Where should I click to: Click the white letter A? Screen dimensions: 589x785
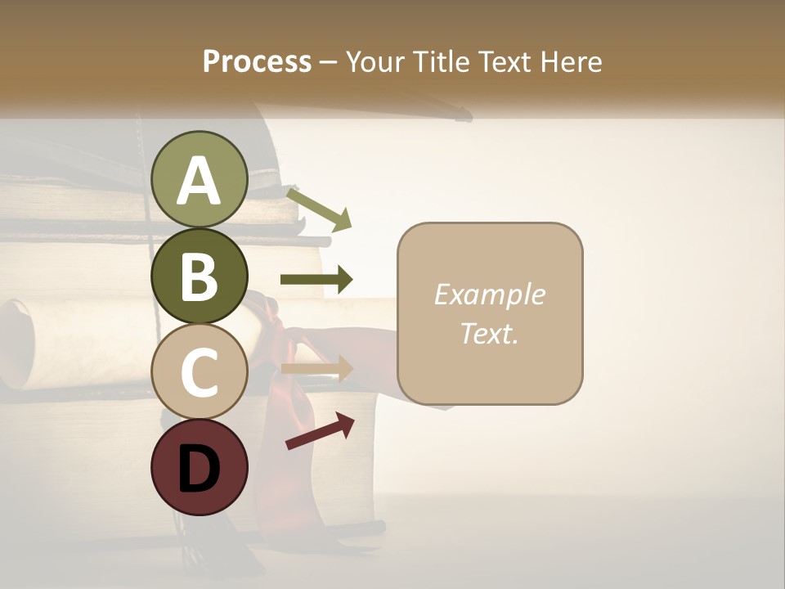(x=200, y=181)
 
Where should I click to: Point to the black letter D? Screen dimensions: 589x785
(x=200, y=469)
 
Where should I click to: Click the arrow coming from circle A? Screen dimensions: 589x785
(x=320, y=209)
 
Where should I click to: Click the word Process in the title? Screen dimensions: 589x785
(x=257, y=62)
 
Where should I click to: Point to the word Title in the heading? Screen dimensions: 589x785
(x=442, y=62)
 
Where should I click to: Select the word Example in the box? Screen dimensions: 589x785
(x=489, y=294)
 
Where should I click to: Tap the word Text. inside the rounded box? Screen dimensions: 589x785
(x=489, y=333)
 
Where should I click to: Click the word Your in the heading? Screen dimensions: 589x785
(x=376, y=62)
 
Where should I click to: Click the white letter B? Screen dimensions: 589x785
(x=200, y=277)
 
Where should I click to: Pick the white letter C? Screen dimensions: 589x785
(x=200, y=372)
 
